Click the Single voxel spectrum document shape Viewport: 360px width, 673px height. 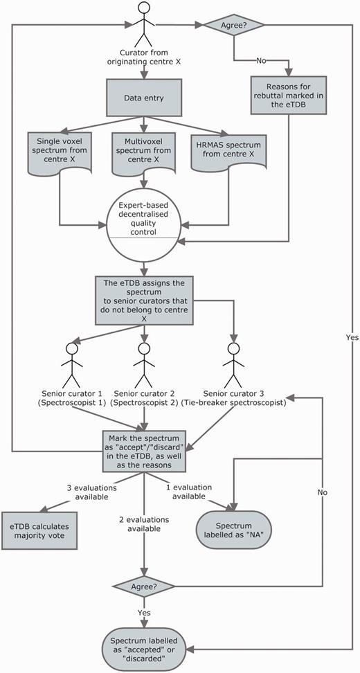click(x=60, y=154)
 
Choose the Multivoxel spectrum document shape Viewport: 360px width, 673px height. click(x=144, y=154)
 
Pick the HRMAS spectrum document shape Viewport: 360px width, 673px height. click(x=228, y=154)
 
